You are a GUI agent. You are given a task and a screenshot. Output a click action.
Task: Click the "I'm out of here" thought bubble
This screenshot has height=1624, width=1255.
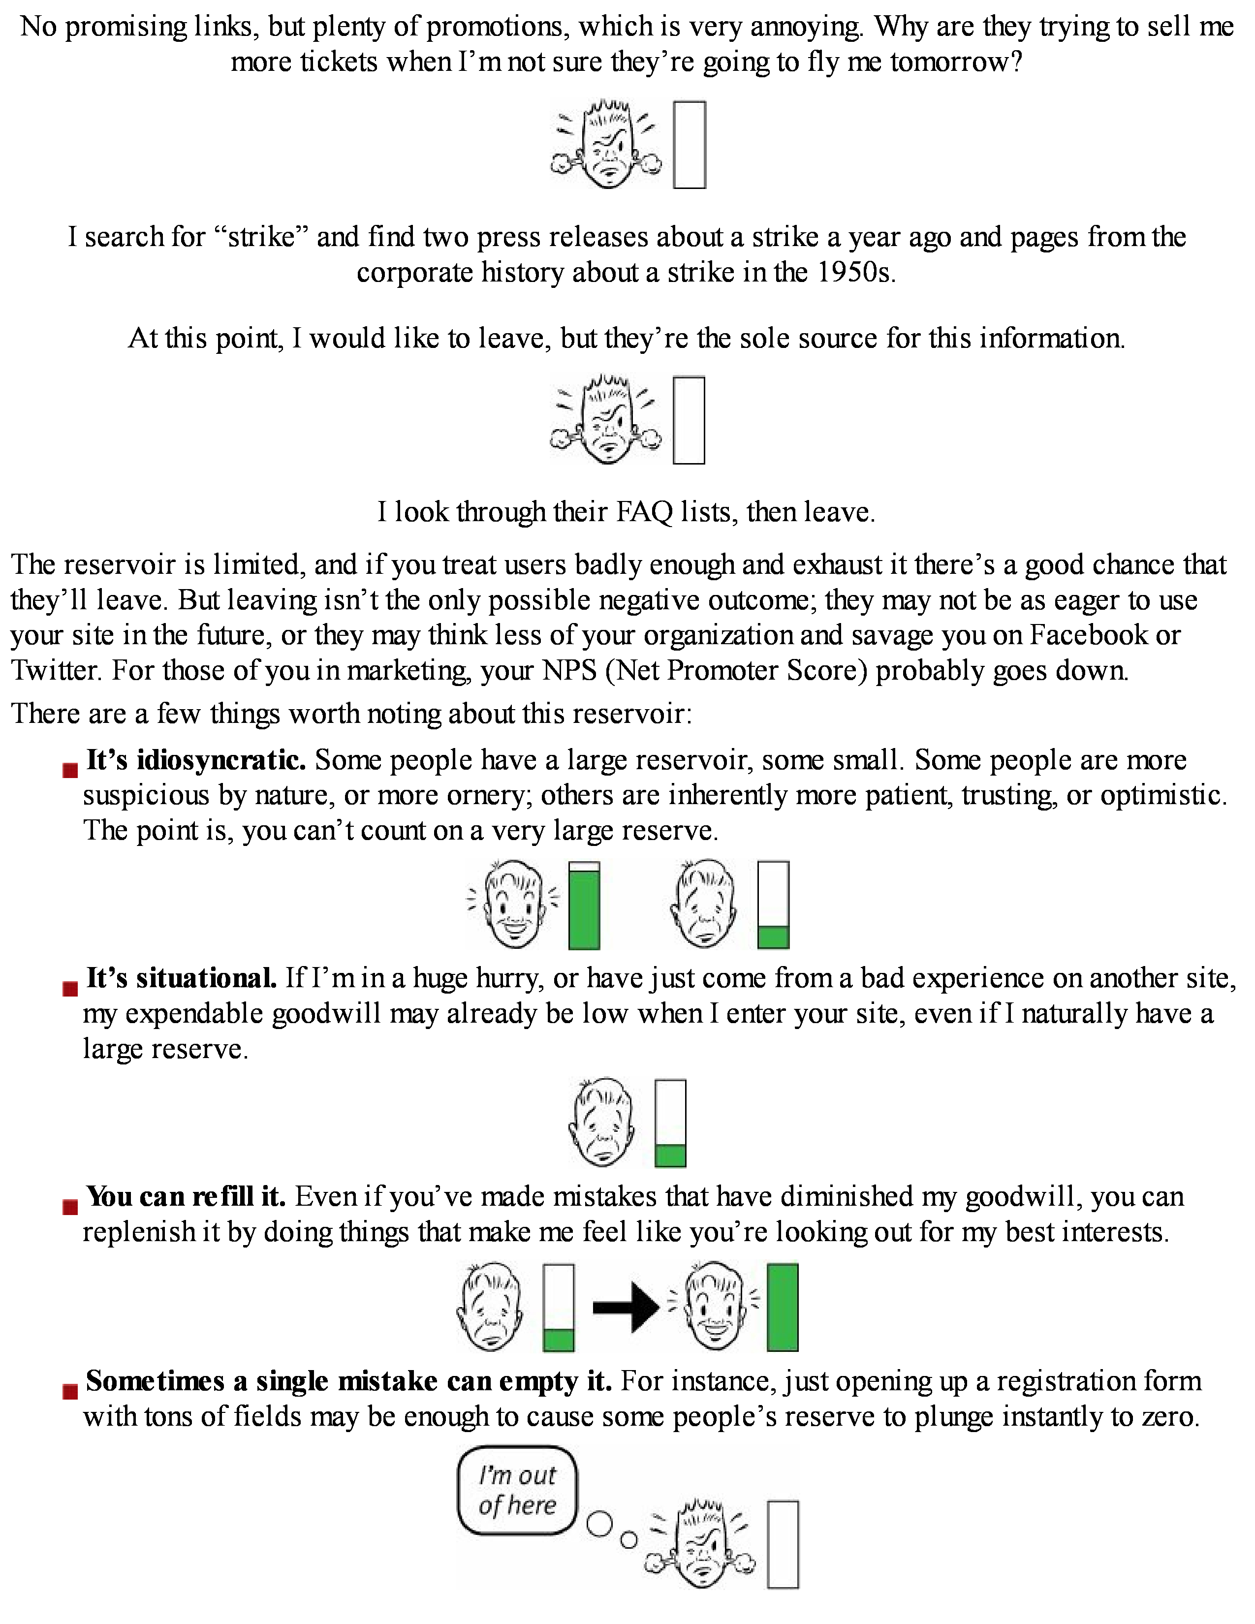[x=517, y=1490]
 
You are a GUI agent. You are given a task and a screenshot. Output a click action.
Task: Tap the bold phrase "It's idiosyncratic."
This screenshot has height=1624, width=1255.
[x=195, y=760]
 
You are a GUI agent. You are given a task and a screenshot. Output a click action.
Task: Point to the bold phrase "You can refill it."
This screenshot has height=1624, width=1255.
[x=186, y=1196]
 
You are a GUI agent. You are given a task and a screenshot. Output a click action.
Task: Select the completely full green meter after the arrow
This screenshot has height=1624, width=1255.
[x=782, y=1307]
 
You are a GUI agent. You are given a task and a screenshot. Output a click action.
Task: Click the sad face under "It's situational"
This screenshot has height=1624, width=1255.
[x=602, y=1122]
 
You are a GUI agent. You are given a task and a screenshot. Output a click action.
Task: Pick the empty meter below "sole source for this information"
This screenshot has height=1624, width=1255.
[x=689, y=420]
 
